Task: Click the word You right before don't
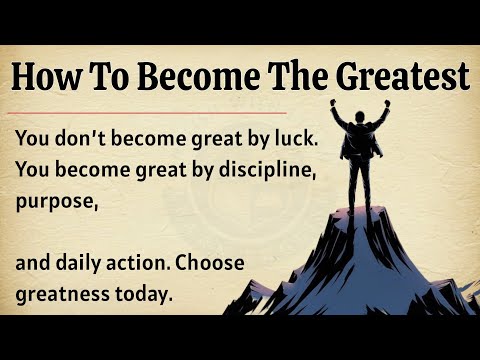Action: (x=34, y=136)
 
